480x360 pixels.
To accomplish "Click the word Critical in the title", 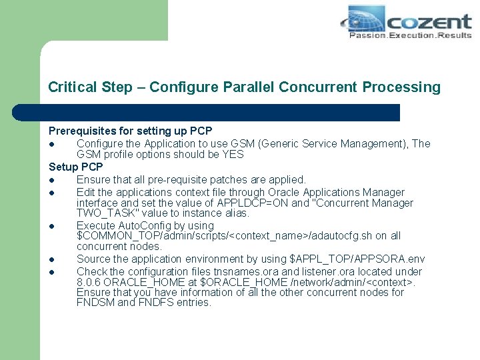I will [x=73, y=87].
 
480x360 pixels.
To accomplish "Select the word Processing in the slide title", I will [x=401, y=87].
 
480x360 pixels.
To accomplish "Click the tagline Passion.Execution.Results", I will [x=409, y=35].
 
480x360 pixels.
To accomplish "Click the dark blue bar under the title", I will [x=220, y=113].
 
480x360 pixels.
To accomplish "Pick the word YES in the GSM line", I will [x=233, y=155].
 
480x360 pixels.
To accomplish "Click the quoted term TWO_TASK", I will [x=108, y=213].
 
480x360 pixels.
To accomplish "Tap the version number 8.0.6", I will [x=90, y=282].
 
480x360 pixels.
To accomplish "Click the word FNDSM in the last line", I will [x=95, y=303].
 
